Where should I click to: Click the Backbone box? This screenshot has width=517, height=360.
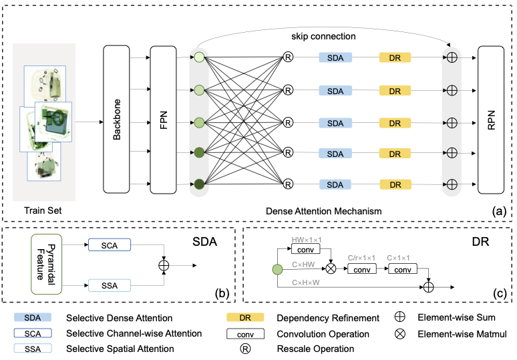118,121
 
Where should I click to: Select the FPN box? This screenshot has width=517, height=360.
164,121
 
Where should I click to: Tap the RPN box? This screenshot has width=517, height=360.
492,121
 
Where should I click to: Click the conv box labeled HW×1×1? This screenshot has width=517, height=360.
306,249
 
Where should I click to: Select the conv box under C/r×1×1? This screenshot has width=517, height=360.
362,268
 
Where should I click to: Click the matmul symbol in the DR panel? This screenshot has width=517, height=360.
329,268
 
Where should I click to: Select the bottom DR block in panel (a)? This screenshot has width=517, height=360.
395,184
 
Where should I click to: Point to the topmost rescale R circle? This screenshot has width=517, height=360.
289,58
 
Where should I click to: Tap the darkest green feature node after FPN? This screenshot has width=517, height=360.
199,184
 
